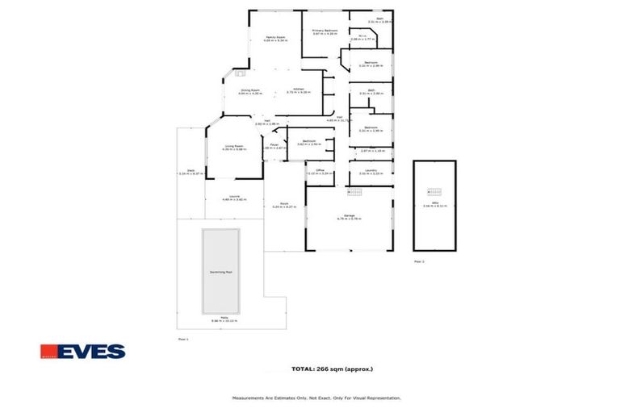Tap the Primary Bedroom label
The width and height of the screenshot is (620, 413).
(325, 31)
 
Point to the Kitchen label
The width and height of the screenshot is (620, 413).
(298, 90)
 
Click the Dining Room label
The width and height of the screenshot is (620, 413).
(249, 90)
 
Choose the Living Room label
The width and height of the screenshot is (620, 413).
(234, 146)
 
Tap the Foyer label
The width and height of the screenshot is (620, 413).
(274, 145)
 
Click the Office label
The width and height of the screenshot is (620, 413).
(320, 170)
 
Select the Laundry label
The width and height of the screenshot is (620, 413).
(371, 170)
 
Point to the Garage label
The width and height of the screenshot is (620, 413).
(350, 215)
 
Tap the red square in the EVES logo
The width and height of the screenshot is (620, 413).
(48, 352)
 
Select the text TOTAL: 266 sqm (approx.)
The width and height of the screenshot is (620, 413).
(332, 369)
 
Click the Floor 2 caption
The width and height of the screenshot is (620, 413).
(418, 261)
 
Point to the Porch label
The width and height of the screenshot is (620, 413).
(284, 204)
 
